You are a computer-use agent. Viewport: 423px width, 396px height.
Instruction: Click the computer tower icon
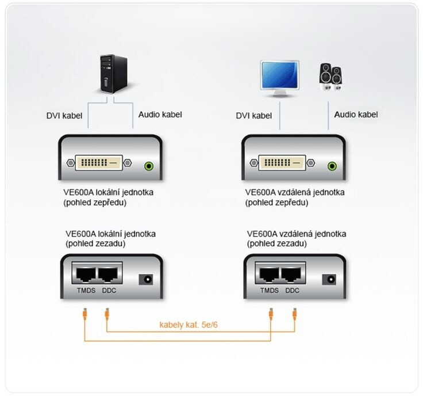(114, 74)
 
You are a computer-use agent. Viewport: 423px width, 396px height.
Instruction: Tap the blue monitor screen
(279, 75)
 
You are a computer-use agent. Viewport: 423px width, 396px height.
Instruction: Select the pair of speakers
(330, 77)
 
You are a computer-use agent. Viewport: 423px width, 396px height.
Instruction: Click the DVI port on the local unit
(99, 163)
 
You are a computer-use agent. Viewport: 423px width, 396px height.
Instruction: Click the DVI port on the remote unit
(282, 163)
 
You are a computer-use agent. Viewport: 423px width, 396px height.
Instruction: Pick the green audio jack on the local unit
(149, 166)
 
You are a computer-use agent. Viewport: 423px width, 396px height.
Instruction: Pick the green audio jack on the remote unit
(332, 166)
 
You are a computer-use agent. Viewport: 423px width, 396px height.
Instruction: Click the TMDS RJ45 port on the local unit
(86, 275)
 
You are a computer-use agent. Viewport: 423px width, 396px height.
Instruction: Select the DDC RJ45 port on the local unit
(108, 275)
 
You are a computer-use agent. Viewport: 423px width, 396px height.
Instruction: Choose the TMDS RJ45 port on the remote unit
(269, 275)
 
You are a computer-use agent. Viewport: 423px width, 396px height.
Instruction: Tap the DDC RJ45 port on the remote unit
(291, 275)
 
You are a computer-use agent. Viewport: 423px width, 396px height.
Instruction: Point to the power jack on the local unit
(146, 280)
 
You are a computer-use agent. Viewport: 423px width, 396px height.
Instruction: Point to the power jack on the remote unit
(329, 280)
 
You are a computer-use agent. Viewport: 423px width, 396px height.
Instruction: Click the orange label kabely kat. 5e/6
(189, 325)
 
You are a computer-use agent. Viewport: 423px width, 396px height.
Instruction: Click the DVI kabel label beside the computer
(64, 116)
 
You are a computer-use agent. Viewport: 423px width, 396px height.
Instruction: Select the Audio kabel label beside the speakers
(356, 115)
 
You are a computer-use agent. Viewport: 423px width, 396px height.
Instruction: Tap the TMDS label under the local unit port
(86, 291)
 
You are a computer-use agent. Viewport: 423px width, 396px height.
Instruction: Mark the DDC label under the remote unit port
(292, 291)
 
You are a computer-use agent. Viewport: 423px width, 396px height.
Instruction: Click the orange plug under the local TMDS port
(84, 314)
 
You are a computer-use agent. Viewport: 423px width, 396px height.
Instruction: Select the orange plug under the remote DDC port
(295, 314)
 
